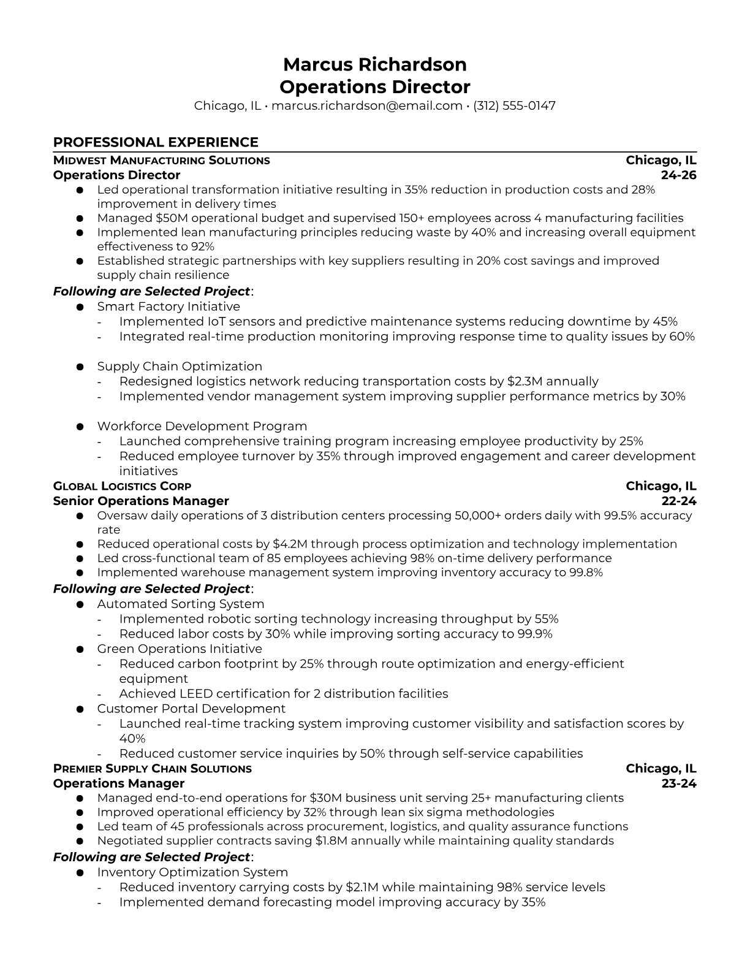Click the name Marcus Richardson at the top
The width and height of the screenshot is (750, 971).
(374, 64)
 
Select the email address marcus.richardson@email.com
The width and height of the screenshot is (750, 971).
(366, 105)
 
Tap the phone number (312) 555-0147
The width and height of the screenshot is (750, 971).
(514, 105)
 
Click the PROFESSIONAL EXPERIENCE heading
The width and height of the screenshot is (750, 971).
(156, 142)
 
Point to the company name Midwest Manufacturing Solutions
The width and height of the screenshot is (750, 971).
(162, 161)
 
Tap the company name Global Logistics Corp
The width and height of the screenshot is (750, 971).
(122, 486)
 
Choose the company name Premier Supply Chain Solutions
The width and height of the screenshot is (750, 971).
(153, 769)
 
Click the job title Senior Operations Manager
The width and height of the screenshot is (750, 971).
(141, 501)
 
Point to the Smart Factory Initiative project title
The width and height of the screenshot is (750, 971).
(169, 307)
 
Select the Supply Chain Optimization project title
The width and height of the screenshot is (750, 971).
(180, 366)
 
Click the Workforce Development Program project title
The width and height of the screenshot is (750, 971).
(202, 426)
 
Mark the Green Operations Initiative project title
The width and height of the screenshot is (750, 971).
(180, 649)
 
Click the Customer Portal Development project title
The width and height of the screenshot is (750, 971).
(191, 709)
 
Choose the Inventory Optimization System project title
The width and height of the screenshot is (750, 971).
(192, 872)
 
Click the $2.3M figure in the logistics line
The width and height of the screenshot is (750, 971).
(525, 381)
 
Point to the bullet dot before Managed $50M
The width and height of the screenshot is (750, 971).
(80, 218)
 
